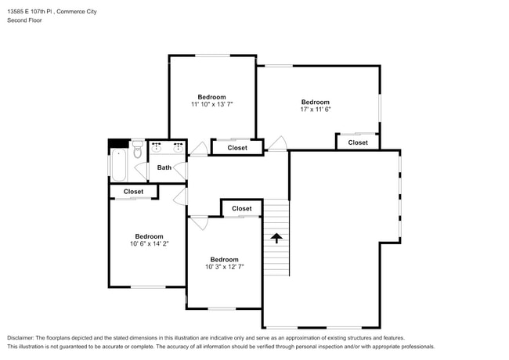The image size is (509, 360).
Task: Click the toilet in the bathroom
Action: coord(138,149)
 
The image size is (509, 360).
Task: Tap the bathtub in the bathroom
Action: coord(118,165)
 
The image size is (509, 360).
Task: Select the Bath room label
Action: coord(164,167)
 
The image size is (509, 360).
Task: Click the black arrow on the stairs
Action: coord(276,238)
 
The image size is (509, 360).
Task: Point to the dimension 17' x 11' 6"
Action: coord(316,110)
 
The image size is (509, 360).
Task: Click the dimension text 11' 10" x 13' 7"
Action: coord(212,104)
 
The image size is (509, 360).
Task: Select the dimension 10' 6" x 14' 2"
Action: coord(149,243)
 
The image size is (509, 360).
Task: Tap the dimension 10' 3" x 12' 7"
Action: coord(224,267)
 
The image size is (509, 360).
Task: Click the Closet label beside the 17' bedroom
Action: coord(358,142)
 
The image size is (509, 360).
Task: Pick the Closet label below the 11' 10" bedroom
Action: coord(237,148)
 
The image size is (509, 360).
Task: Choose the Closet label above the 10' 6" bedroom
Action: coord(133,192)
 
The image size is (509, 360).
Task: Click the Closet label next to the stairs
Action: coord(242,208)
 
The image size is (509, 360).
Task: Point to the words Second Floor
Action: coord(25,20)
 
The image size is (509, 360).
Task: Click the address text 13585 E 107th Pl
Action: coord(30,12)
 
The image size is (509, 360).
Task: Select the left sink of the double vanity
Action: coord(157,148)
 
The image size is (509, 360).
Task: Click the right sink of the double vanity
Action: coord(179,148)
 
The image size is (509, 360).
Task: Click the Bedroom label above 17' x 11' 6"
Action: coord(316,102)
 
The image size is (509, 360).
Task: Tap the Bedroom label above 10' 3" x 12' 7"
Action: coord(224,260)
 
